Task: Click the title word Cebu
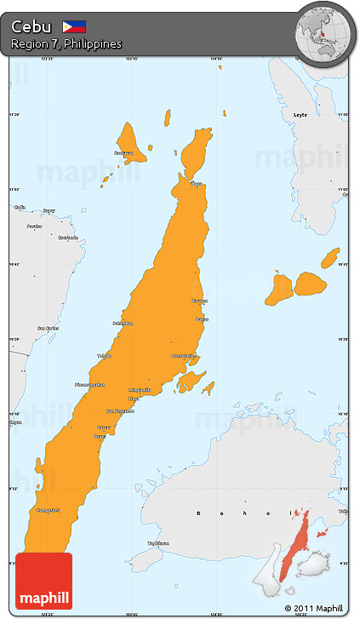click(31, 26)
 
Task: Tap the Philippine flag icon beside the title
click(74, 26)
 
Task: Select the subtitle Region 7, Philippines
click(66, 43)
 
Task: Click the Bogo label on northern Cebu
click(197, 183)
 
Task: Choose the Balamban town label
click(123, 323)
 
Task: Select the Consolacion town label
click(185, 356)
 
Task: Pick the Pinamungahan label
click(90, 385)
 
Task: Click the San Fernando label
click(119, 411)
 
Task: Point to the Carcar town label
click(104, 427)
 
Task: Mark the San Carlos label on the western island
click(47, 328)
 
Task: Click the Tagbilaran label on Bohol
click(157, 542)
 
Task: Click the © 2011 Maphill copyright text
click(314, 608)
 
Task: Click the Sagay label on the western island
click(49, 210)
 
